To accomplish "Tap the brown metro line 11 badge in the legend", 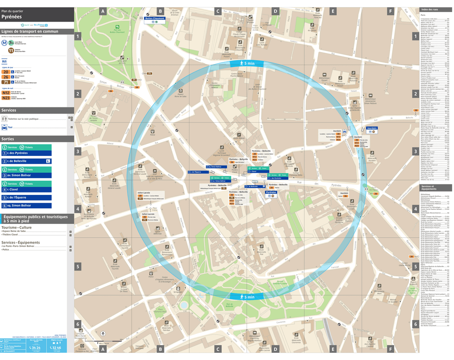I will coord(11,50).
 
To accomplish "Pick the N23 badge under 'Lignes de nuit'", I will coord(6,98).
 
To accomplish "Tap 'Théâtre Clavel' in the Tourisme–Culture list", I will coord(15,235).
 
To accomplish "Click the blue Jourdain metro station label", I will coord(372,129).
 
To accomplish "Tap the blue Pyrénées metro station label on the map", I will coord(271,192).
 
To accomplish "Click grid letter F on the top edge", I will coord(391,11).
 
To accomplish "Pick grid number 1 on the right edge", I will coord(415,36).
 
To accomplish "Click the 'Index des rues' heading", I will coord(429,10).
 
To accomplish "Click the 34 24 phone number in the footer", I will coord(35,347).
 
